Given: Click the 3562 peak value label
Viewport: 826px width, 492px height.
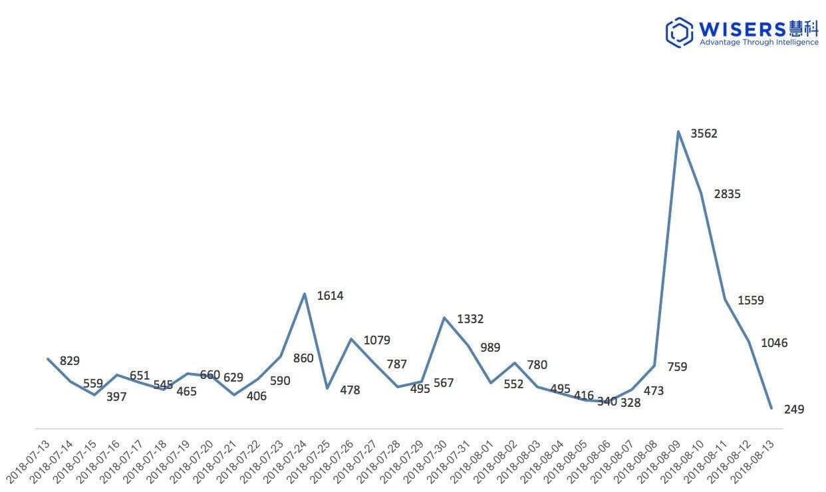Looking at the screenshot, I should pos(704,134).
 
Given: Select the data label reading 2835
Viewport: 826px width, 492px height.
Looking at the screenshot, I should pos(727,194).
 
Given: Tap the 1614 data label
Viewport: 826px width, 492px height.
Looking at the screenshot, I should pos(330,296).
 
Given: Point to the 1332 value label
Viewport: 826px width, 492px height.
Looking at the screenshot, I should pos(470,320).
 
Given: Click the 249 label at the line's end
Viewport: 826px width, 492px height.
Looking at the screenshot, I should pos(793,410).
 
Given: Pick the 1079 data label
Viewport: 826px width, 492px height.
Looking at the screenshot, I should pos(376,341).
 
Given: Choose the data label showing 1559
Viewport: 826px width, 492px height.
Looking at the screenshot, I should pos(751,301).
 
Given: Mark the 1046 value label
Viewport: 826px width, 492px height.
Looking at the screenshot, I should pos(774,344).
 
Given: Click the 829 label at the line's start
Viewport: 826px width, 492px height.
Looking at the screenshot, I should pos(70,361).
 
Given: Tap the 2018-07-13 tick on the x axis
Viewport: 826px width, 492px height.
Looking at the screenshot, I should pos(29,461).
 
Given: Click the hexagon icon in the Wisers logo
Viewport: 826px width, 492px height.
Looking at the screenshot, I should pos(679,32).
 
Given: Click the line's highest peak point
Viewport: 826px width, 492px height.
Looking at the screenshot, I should pos(678,132).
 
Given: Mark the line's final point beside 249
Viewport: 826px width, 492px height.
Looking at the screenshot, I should pos(771,408).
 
